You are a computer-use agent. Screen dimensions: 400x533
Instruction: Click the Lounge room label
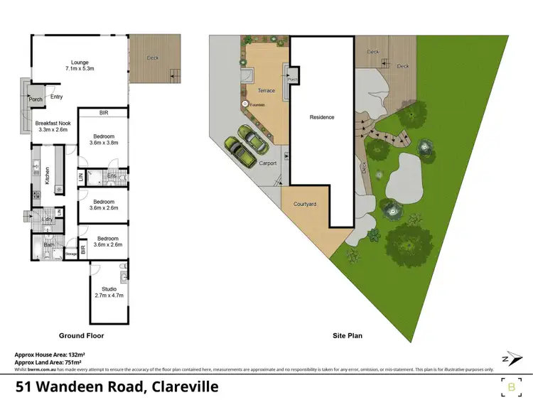[x=79, y=63]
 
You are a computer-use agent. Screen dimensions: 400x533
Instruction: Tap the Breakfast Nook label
[x=50, y=122]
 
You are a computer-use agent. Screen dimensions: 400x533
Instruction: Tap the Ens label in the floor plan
[x=112, y=175]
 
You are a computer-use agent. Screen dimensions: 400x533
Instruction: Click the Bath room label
[x=49, y=245]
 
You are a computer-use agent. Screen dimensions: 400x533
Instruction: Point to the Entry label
[x=57, y=97]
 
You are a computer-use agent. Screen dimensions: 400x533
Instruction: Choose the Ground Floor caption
[x=82, y=335]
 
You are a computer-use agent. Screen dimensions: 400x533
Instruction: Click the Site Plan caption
[x=349, y=335]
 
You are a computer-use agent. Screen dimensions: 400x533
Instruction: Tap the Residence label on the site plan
[x=321, y=117]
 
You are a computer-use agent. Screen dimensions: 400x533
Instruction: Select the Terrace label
[x=266, y=92]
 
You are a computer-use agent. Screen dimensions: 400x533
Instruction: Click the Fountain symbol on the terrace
[x=245, y=104]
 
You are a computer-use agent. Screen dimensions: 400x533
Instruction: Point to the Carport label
[x=267, y=163]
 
